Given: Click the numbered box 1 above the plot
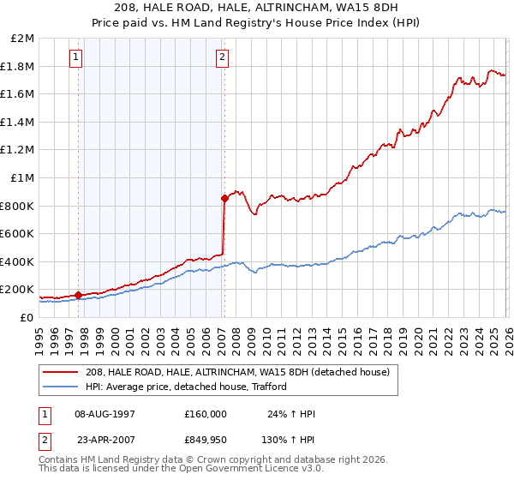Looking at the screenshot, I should [x=76, y=57].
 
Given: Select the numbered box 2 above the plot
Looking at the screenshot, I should [x=222, y=57].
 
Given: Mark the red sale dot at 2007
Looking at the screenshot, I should [x=224, y=198].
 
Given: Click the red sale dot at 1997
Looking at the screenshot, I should [x=79, y=295].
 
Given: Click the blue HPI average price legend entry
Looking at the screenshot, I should [x=189, y=387].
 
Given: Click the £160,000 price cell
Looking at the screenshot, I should [x=205, y=414].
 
